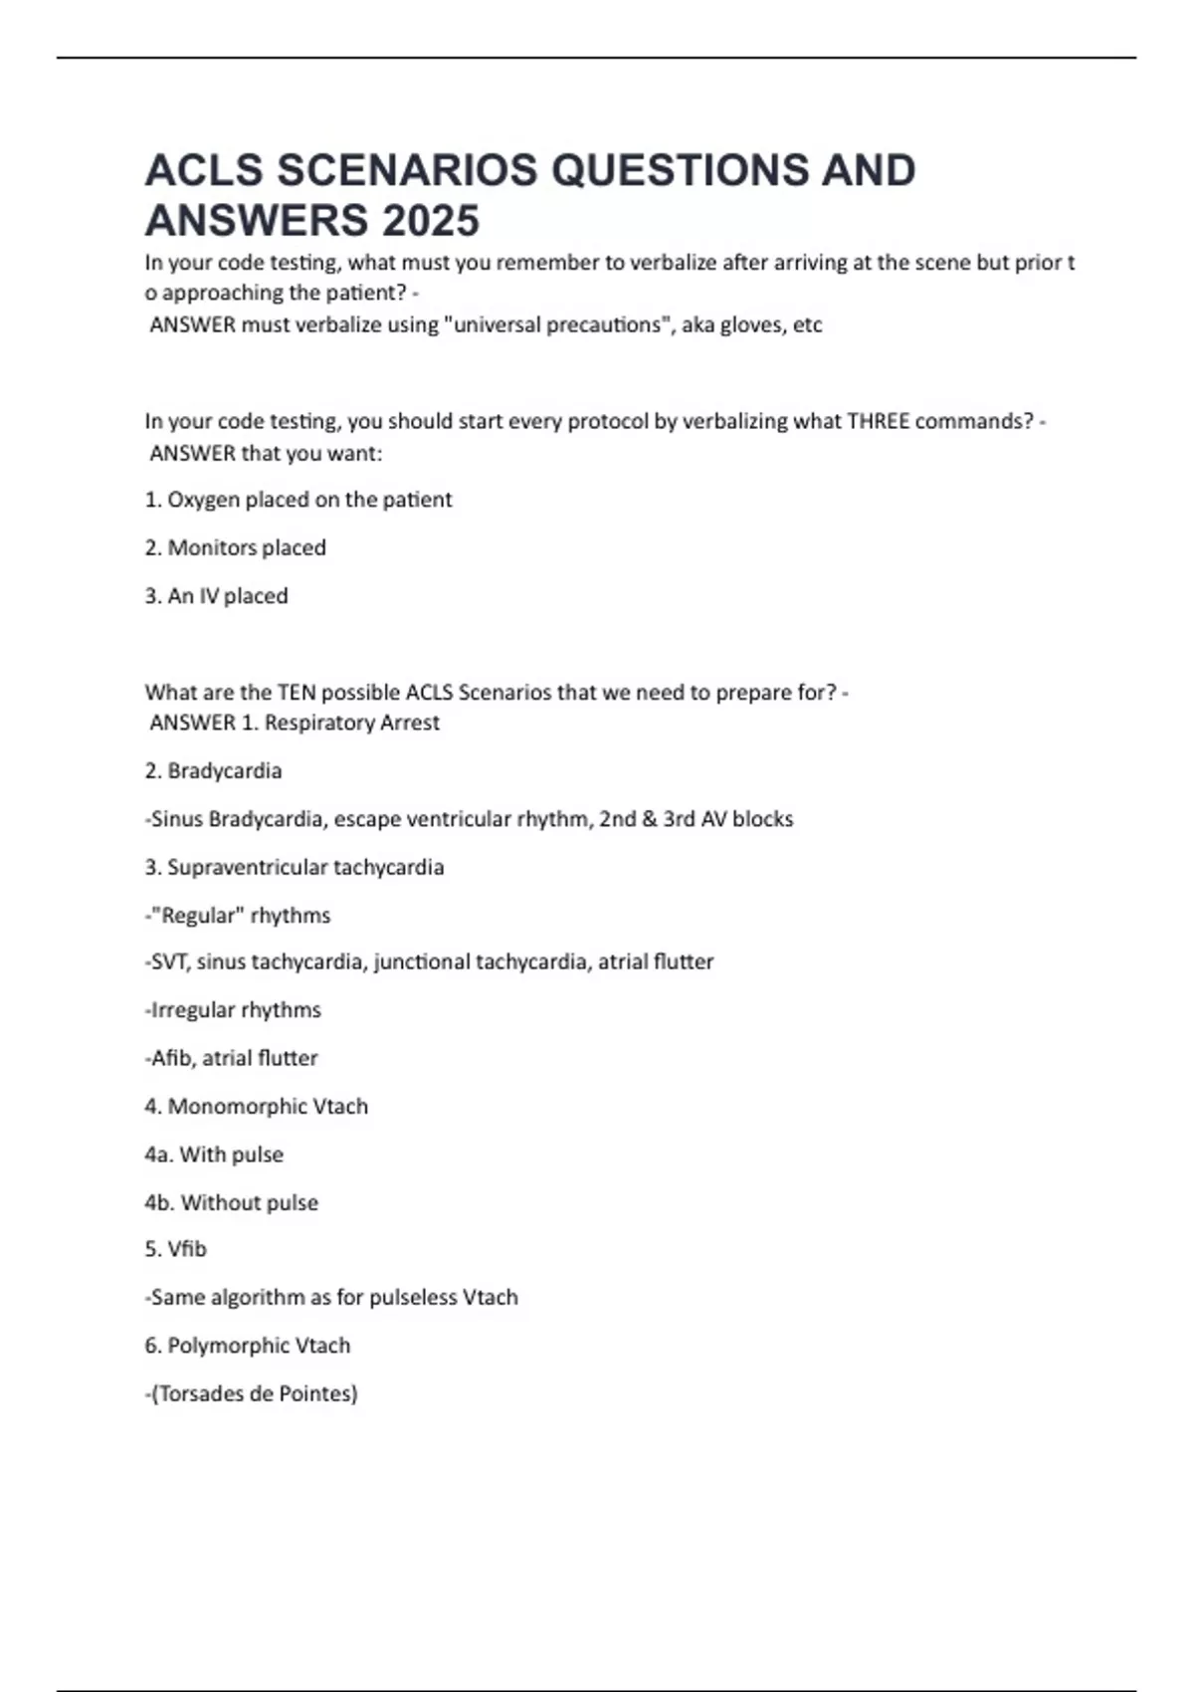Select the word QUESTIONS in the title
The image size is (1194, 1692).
(x=679, y=170)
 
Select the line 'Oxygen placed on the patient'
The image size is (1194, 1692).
(x=308, y=500)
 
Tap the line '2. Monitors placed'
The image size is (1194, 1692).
(x=235, y=547)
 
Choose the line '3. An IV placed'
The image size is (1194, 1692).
(x=216, y=596)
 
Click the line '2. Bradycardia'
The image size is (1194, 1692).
(x=213, y=770)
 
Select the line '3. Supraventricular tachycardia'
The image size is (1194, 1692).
(x=294, y=867)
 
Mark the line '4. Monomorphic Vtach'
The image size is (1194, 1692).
(x=256, y=1106)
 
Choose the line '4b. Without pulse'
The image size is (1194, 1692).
(x=231, y=1202)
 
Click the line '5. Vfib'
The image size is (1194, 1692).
(x=175, y=1249)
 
